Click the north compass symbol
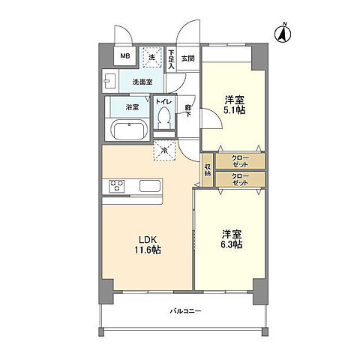(283, 32)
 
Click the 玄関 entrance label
(187, 58)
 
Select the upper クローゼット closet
(239, 160)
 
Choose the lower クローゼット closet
(239, 178)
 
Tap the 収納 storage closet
(207, 170)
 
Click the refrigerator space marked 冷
(164, 150)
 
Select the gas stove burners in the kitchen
(117, 185)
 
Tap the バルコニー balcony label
(182, 310)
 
